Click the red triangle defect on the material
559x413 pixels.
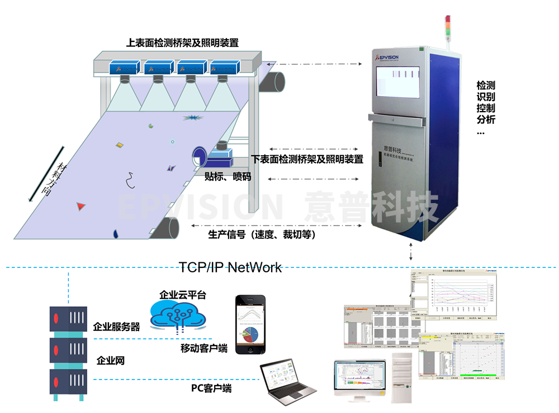click(x=82, y=206)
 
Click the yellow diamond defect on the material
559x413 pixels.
click(x=120, y=145)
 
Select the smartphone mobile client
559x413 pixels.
click(x=249, y=324)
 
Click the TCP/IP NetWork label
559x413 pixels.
click(x=230, y=267)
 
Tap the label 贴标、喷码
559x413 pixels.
click(x=228, y=177)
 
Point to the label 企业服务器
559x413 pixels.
click(x=116, y=326)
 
